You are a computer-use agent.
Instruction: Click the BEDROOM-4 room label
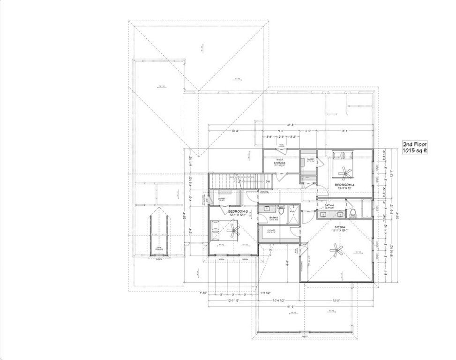click(x=344, y=186)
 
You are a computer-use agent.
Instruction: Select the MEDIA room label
click(x=340, y=227)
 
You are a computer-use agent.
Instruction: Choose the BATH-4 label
click(x=329, y=205)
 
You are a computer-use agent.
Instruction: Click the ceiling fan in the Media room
click(x=336, y=250)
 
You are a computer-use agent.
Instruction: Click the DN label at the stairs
click(x=268, y=181)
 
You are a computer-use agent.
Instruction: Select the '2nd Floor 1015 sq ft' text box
click(x=415, y=147)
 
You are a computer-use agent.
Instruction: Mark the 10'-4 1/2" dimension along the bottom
click(x=281, y=300)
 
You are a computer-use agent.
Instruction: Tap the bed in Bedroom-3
click(x=217, y=230)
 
